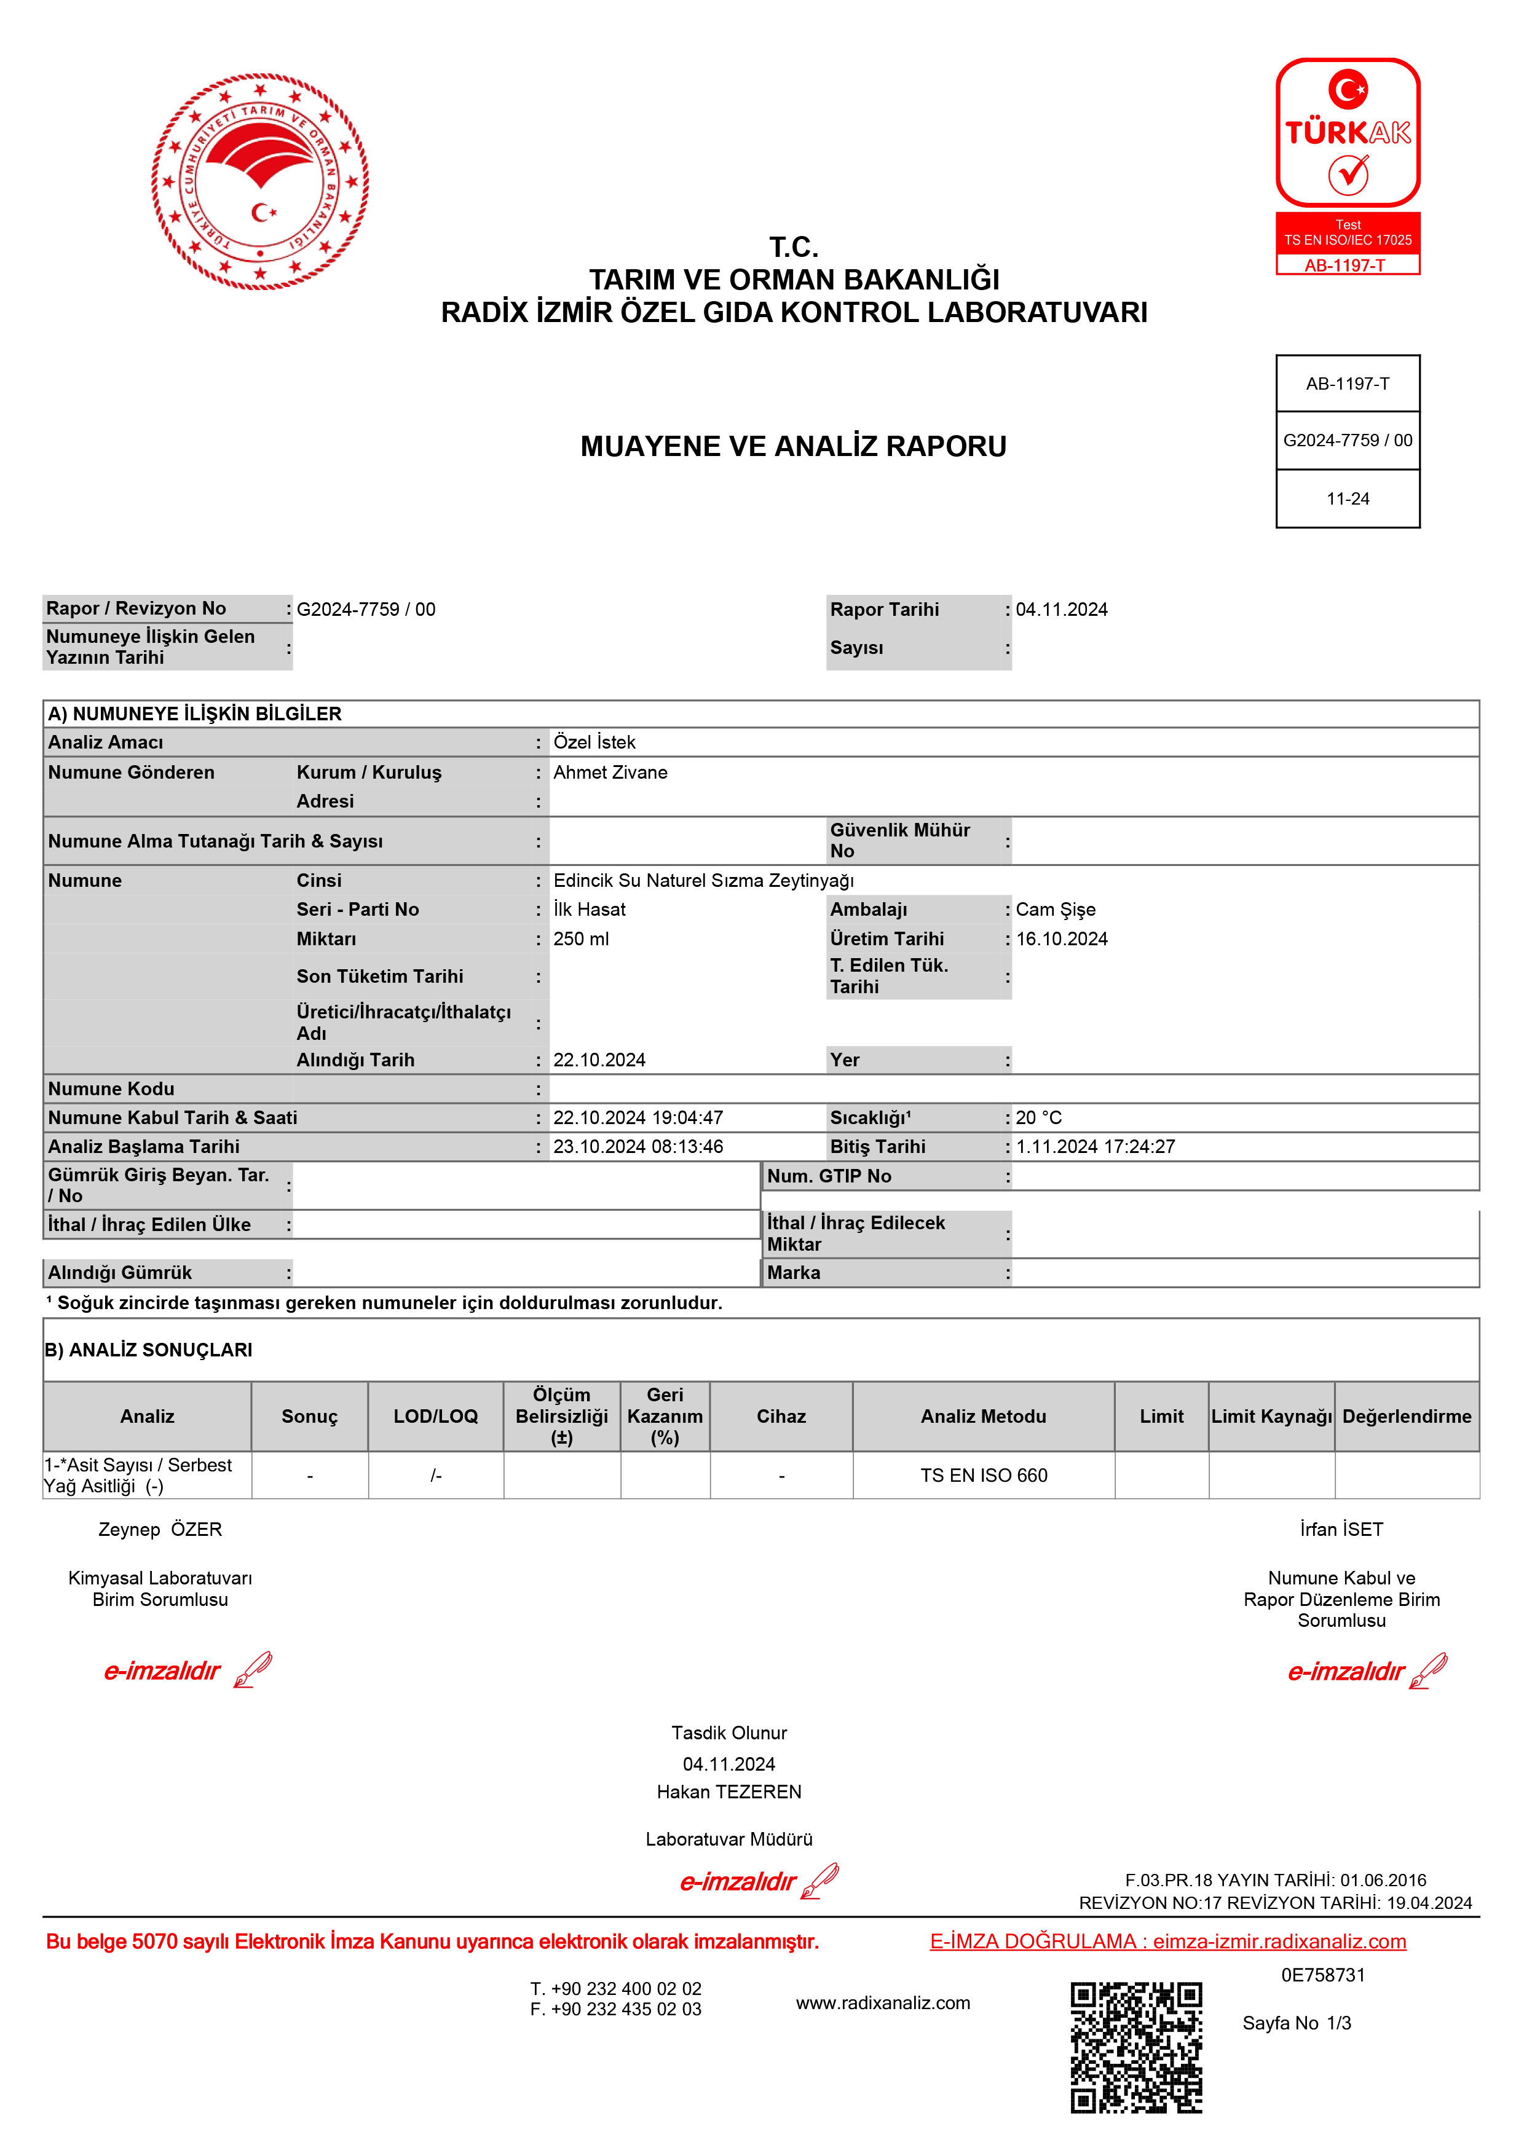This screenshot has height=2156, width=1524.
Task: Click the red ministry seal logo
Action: coord(260,181)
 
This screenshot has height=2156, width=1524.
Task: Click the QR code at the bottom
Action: coord(1136,2047)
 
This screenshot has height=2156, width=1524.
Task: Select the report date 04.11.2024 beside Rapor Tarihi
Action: coord(1062,610)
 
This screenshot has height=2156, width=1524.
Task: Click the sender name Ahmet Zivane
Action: coord(610,772)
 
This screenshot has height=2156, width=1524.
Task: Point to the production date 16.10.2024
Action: coord(1062,939)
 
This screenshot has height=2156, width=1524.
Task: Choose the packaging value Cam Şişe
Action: coord(1056,909)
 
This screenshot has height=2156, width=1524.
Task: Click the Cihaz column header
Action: coord(781,1416)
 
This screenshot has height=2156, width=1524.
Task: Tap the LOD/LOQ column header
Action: coord(436,1416)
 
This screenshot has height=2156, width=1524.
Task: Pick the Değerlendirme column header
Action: coord(1407,1416)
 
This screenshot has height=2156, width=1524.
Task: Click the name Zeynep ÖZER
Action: coord(160,1530)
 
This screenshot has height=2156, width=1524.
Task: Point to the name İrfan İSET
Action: coord(1341,1530)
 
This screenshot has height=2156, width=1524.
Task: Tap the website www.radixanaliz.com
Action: coord(883,2003)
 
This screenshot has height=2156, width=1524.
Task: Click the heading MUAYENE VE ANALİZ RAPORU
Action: coord(794,446)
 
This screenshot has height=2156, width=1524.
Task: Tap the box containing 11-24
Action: coord(1348,498)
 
